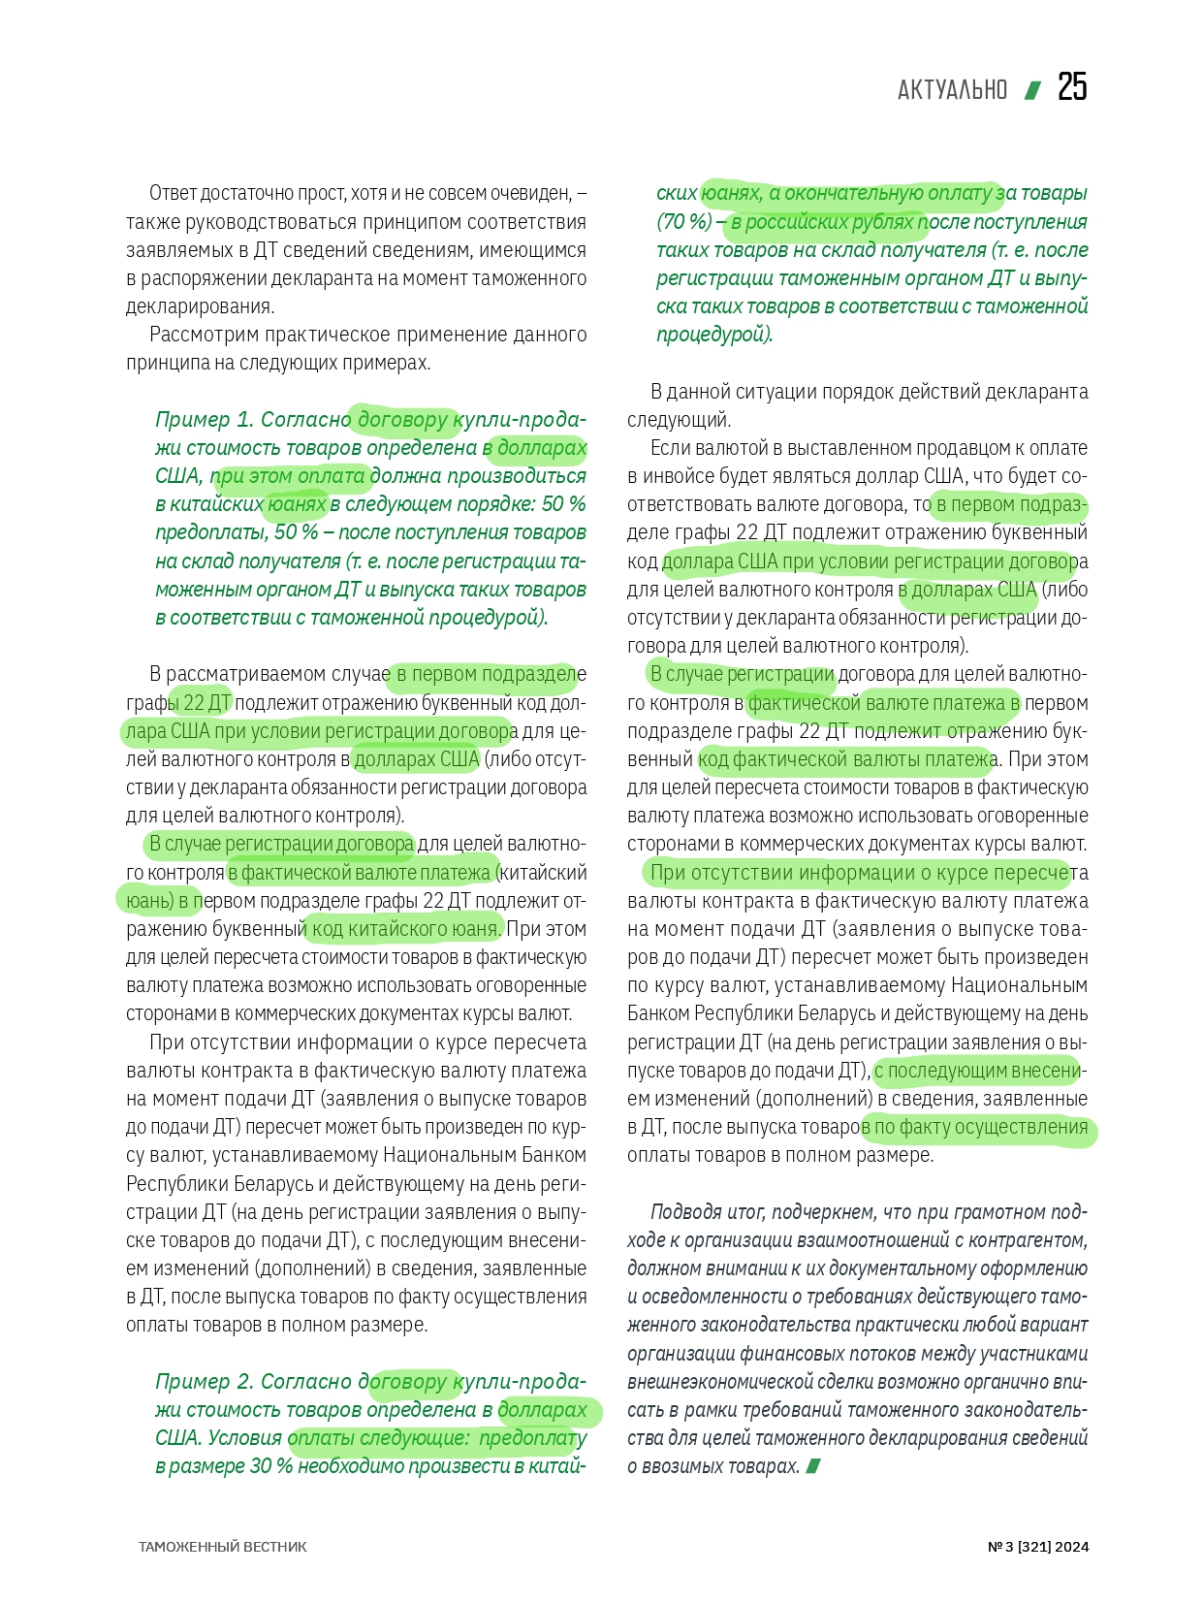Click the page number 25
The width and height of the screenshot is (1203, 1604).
(x=1072, y=87)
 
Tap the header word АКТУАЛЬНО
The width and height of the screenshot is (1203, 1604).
(x=952, y=90)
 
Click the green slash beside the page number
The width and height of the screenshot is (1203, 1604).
(x=1033, y=90)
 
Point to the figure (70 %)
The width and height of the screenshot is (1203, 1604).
(x=684, y=222)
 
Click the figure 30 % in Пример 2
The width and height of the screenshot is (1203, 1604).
(x=271, y=1466)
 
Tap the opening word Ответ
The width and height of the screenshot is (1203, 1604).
(x=173, y=193)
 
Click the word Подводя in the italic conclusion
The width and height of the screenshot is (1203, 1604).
(x=685, y=1212)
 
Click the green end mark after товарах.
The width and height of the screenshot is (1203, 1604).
(x=813, y=1466)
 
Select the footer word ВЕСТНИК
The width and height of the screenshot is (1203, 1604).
(x=275, y=1547)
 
